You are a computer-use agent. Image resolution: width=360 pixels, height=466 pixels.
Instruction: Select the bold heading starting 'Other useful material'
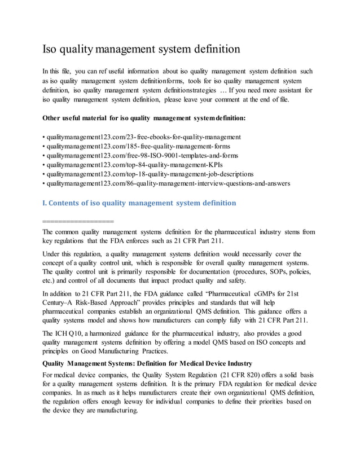pos(144,118)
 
